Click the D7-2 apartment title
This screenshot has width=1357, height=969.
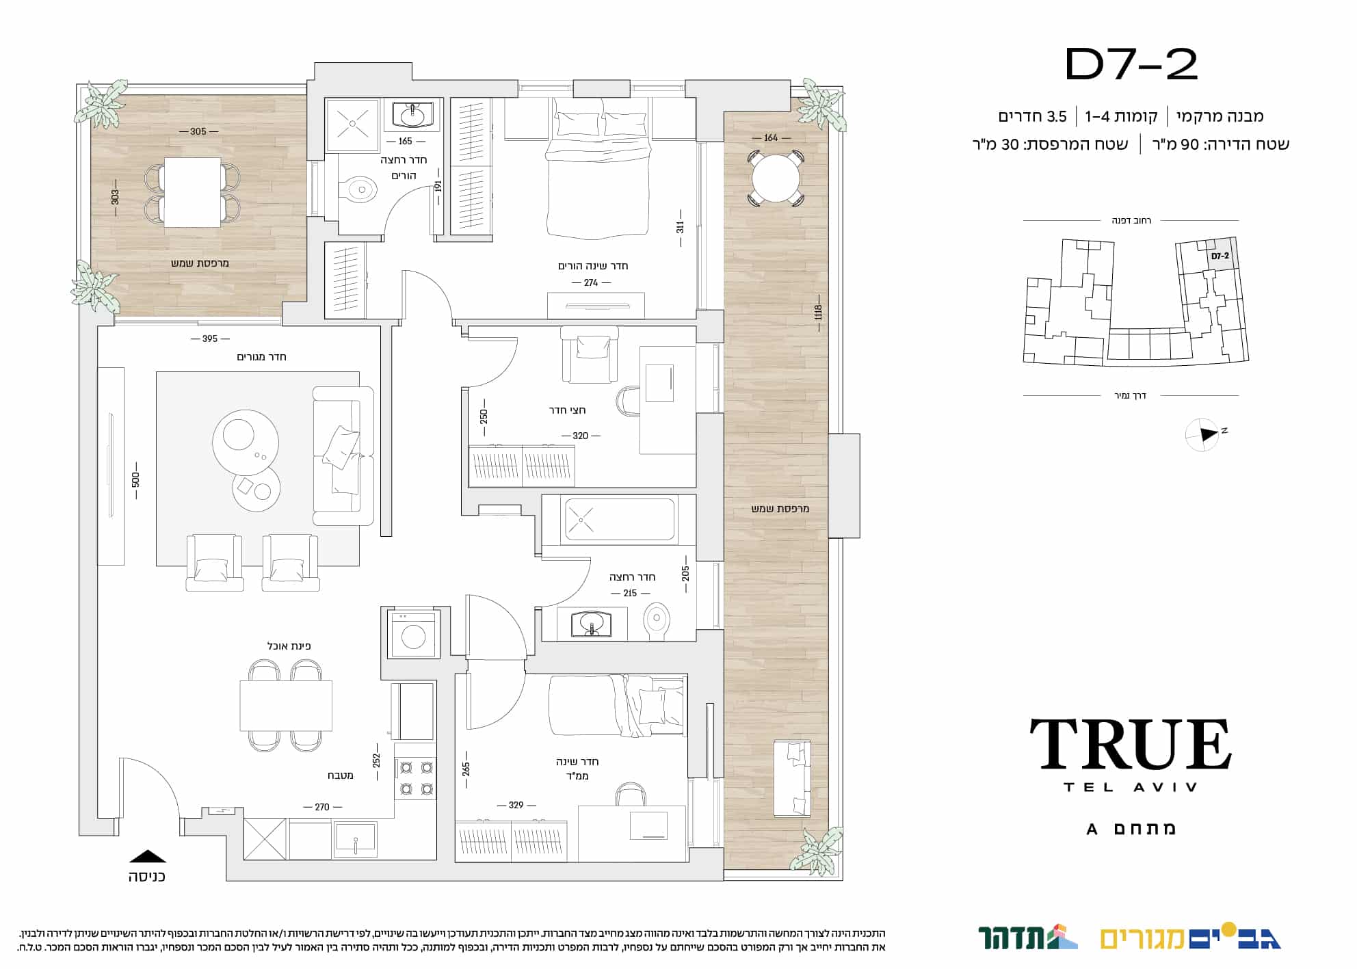pos(1131,65)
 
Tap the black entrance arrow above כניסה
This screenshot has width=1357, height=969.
pos(148,855)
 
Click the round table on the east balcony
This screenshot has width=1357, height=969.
pos(775,178)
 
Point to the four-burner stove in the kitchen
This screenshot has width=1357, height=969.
pos(415,778)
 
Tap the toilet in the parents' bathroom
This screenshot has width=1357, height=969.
pos(360,189)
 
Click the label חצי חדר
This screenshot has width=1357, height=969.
pos(567,410)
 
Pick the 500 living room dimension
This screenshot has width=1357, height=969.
pos(136,479)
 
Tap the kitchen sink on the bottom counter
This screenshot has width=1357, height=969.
pos(355,839)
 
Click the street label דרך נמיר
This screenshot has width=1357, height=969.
pos(1130,396)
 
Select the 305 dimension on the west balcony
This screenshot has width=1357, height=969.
pos(198,131)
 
